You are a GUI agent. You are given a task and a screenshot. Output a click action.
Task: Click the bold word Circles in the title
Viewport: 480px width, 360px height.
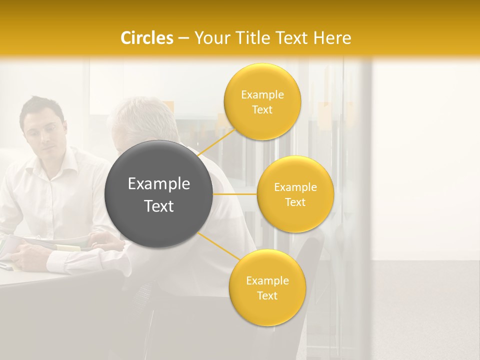tap(147, 38)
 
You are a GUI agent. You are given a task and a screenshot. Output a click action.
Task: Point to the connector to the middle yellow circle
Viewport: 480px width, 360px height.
tap(235, 194)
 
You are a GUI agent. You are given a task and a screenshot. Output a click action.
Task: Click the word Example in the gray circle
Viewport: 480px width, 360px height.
tap(159, 184)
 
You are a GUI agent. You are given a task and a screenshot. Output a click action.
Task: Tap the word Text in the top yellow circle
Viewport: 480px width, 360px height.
tap(262, 110)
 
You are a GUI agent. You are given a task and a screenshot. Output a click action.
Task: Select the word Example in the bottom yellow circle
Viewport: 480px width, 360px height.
tap(267, 281)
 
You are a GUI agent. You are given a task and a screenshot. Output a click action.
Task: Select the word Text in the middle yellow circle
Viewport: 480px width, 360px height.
tap(295, 202)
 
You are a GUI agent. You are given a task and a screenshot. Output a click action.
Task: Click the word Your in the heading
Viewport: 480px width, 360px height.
tap(207, 38)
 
